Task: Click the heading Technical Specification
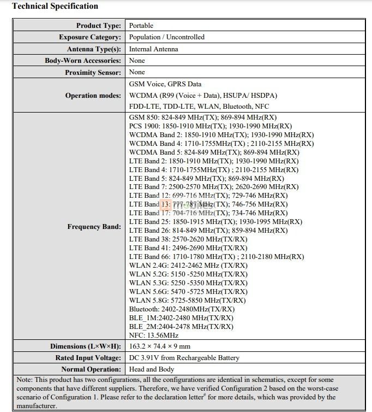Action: click(x=55, y=7)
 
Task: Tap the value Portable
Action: click(x=141, y=26)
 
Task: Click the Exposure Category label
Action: click(x=90, y=37)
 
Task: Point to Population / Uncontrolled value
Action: click(x=167, y=37)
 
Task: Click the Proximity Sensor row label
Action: click(x=93, y=73)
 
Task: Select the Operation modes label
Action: click(x=93, y=96)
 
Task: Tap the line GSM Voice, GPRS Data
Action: click(x=165, y=84)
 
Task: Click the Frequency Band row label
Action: click(x=94, y=226)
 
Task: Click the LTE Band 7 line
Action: click(x=214, y=187)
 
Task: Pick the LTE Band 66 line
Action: click(x=217, y=256)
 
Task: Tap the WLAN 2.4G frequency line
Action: click(x=188, y=266)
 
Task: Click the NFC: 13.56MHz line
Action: click(x=154, y=335)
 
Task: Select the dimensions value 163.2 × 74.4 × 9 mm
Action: click(x=160, y=346)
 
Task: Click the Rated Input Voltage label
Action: click(x=88, y=358)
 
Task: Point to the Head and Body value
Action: click(x=151, y=369)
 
